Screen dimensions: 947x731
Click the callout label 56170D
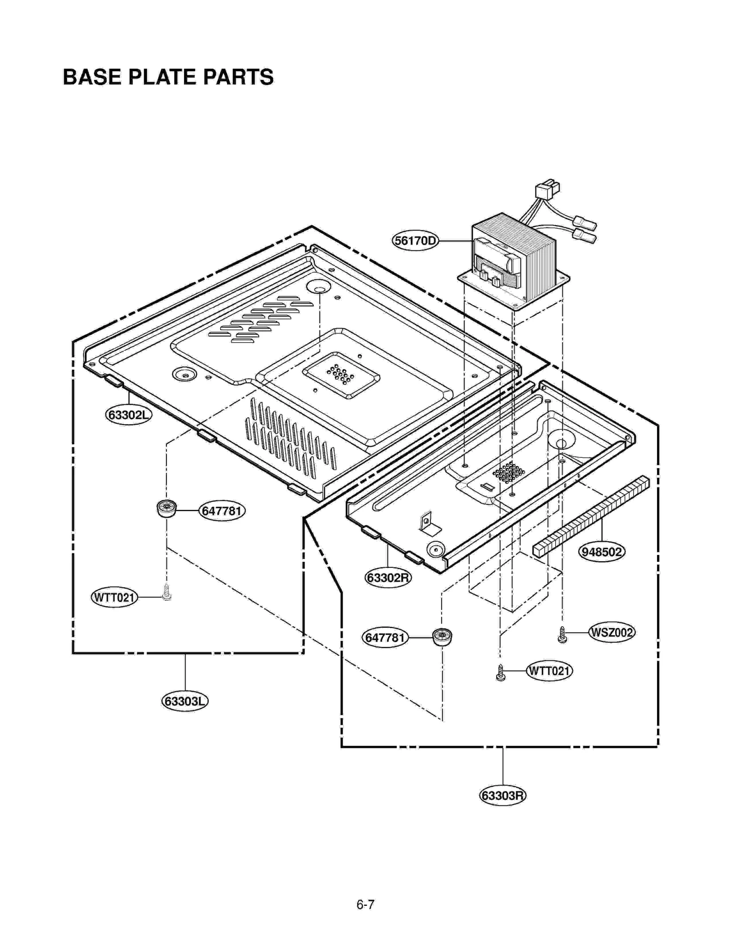click(x=414, y=240)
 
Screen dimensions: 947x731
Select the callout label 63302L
click(x=128, y=415)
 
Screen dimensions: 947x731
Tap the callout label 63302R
click(x=388, y=578)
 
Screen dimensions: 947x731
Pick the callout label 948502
click(x=602, y=552)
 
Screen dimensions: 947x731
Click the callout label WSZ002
click(x=611, y=633)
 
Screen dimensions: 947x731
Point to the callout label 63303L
click(x=185, y=701)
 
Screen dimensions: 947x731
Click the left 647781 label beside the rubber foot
click(x=222, y=511)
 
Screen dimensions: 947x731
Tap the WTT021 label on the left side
click(x=114, y=597)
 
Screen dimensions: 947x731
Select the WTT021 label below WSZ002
click(x=549, y=671)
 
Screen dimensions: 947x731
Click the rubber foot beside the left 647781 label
click(x=166, y=508)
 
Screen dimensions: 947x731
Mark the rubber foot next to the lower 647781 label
click(x=442, y=637)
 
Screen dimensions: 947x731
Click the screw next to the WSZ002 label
click(x=562, y=635)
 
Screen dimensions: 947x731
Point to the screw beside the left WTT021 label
click(x=167, y=593)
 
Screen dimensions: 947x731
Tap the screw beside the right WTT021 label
click(x=501, y=673)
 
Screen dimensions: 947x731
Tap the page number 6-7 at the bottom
click(x=365, y=905)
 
